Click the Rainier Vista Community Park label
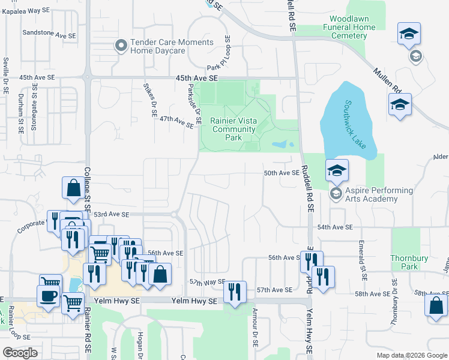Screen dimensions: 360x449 coord(234,129)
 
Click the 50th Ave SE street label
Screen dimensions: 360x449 coord(281,173)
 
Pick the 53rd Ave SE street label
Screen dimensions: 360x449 coord(112,214)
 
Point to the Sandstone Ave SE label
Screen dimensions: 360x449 coord(49,35)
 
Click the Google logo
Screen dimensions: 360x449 coord(20,353)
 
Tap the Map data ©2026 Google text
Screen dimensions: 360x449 coord(411,355)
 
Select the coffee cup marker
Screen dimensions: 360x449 coord(47,295)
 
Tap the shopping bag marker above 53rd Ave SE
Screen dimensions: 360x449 coord(73,187)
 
